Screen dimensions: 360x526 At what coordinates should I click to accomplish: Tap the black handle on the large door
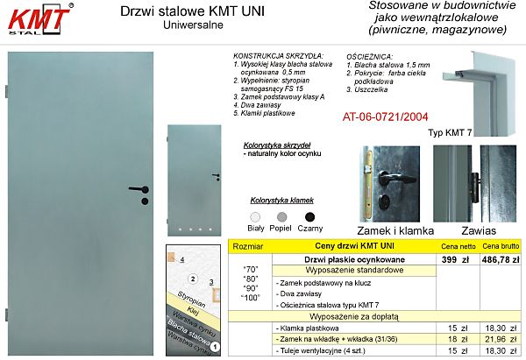pos(139,187)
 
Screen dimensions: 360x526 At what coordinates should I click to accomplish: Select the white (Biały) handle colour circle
pos(255,216)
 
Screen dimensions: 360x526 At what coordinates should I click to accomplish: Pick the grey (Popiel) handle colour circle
pos(282,216)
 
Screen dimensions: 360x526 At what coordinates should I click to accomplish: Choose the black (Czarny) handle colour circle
pos(309,216)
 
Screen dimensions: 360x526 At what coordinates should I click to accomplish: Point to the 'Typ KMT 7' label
pos(451,133)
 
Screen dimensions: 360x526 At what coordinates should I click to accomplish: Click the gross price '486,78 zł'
pos(501,259)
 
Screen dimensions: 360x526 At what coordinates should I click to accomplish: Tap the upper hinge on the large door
pos(7,89)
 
